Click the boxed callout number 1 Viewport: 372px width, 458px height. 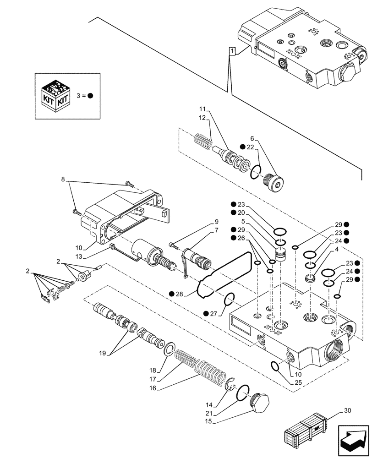[x=233, y=51]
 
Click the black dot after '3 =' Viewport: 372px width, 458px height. [x=91, y=96]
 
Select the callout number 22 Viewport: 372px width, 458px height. [x=249, y=147]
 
